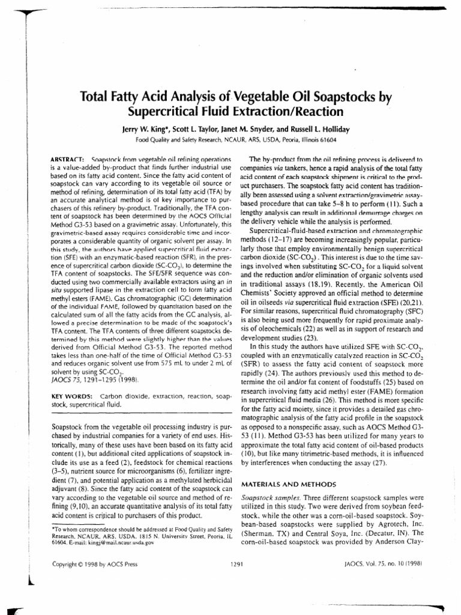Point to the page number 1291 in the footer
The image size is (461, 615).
(236, 564)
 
